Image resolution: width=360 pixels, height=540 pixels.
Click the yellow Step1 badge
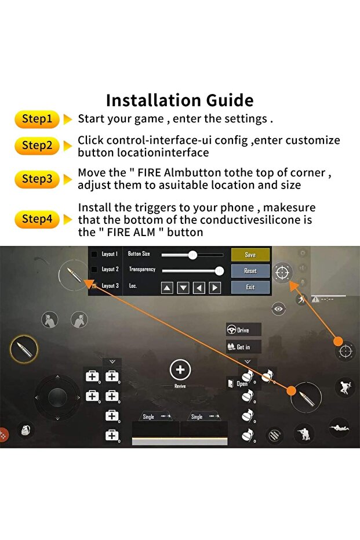coord(37,119)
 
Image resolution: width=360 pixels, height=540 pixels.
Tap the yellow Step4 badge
coord(37,219)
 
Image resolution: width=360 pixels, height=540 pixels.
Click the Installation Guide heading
coord(180,100)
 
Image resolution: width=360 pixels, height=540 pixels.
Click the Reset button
coord(250,271)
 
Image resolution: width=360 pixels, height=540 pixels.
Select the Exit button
coord(250,287)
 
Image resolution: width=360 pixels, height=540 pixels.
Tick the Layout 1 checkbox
coord(93,254)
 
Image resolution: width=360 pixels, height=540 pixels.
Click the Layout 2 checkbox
coord(93,269)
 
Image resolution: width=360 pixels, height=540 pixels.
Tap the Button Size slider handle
coord(192,255)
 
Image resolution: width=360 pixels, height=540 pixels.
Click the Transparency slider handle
coord(219,271)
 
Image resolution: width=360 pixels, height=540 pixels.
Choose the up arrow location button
coord(167,288)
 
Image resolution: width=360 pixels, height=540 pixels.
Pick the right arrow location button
coord(214,288)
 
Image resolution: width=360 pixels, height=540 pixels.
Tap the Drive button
coord(243,330)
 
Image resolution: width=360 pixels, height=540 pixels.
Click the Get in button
coord(243,347)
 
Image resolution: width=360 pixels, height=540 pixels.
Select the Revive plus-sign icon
coord(180,369)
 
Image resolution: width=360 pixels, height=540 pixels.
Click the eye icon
coord(278,309)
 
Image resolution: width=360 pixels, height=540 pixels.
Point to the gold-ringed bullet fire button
coord(24,349)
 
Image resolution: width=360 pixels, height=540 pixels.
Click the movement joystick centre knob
coord(57,397)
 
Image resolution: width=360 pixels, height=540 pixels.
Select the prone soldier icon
coord(339,428)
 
